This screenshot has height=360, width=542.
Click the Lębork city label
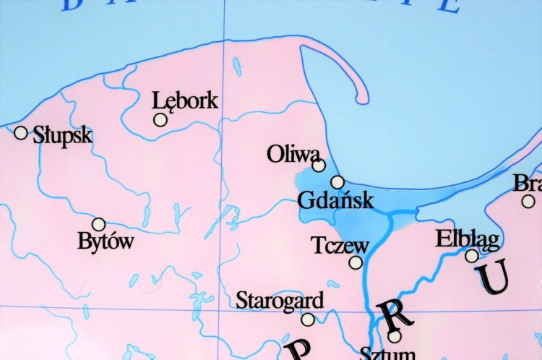point(185,100)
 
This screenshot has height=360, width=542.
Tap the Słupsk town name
point(63,135)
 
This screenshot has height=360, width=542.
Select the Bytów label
point(106,241)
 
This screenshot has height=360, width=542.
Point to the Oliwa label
point(293,154)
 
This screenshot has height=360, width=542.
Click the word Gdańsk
point(336,200)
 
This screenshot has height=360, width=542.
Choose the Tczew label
point(340,245)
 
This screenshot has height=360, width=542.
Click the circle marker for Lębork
point(160,120)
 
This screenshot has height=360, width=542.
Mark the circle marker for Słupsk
point(21,133)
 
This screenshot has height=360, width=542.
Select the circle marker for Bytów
point(98,224)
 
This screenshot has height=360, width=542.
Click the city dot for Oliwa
point(319,166)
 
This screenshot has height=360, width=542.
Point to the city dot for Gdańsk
point(337,182)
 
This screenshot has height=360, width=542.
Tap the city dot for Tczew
point(356,262)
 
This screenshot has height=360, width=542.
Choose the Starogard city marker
point(308,319)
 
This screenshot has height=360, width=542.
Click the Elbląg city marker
point(472,255)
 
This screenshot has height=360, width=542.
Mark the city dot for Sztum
point(395,336)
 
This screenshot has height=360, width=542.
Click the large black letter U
point(493,278)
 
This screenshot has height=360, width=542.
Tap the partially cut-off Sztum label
point(387,353)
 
